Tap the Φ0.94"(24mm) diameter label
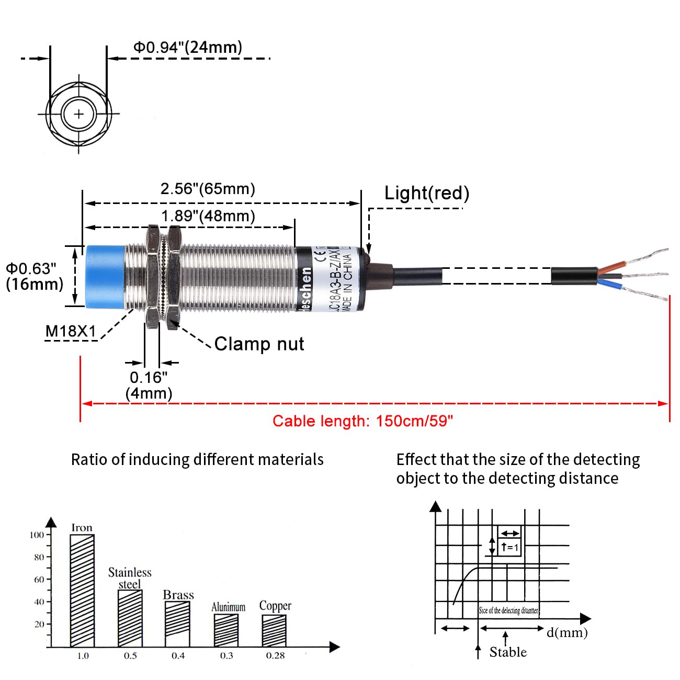(188, 48)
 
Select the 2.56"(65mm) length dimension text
(208, 189)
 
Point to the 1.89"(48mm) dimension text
(208, 216)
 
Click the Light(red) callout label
(427, 194)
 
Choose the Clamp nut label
(259, 344)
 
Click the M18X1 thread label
(71, 331)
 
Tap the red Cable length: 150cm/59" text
(362, 421)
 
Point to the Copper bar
(274, 630)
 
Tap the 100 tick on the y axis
(37, 535)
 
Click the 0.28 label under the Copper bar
(275, 655)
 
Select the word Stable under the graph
(508, 652)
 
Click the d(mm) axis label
(567, 632)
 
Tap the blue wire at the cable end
(609, 284)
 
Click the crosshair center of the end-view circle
(79, 114)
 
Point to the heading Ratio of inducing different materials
(197, 460)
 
